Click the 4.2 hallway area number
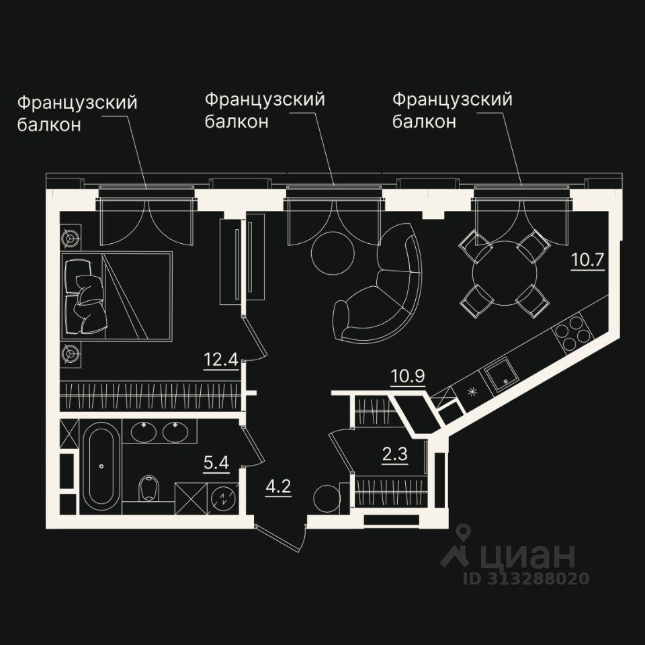tap(278, 484)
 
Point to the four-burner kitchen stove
tap(572, 332)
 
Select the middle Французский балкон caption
tap(265, 110)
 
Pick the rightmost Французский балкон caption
tap(452, 110)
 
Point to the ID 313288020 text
tap(525, 578)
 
